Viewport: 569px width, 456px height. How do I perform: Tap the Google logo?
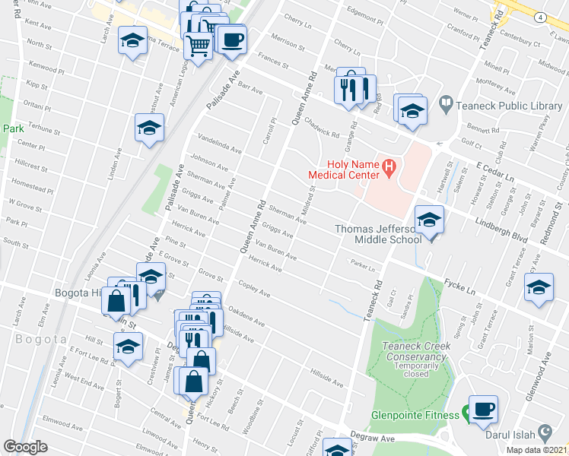pyautogui.click(x=25, y=447)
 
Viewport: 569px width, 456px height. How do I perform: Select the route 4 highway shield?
pyautogui.click(x=539, y=17)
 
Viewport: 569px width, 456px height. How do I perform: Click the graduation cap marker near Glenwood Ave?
pyautogui.click(x=539, y=290)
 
